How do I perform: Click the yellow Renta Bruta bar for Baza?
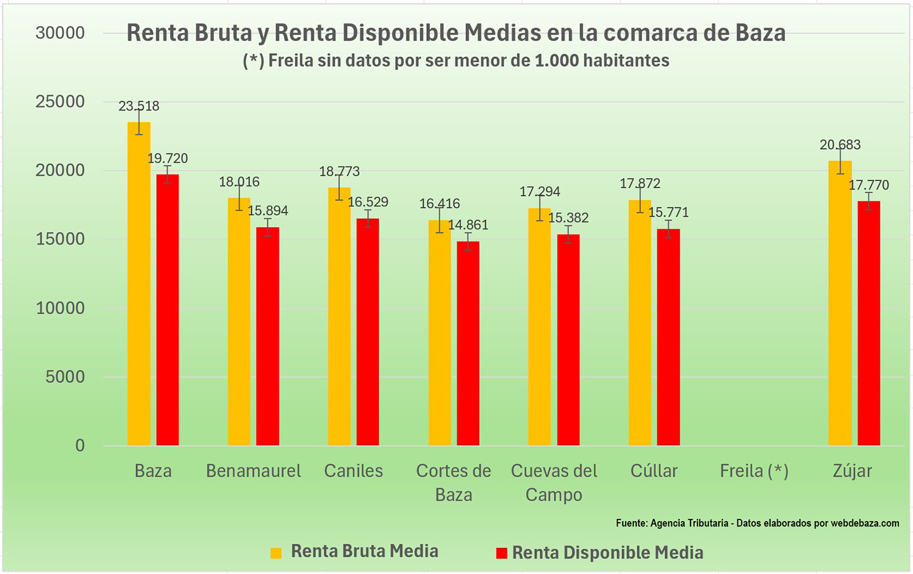pos(138,284)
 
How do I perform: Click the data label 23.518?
pos(139,106)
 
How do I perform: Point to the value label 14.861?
pos(468,225)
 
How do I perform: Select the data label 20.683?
pos(840,145)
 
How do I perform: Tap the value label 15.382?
pos(568,218)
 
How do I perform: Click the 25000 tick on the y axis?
pos(60,102)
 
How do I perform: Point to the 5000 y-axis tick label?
pos(64,377)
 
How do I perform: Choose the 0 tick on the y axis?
pos(80,446)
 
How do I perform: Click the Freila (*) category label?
pos(754,471)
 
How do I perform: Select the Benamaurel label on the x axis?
pos(254,471)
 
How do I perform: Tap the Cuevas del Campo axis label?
pos(554,482)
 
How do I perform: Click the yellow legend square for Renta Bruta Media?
pos(276,553)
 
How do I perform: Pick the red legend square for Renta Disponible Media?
pos(501,553)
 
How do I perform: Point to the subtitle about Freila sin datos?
pos(456,61)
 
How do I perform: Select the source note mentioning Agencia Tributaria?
pos(757,523)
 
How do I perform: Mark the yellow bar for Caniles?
pos(339,317)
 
